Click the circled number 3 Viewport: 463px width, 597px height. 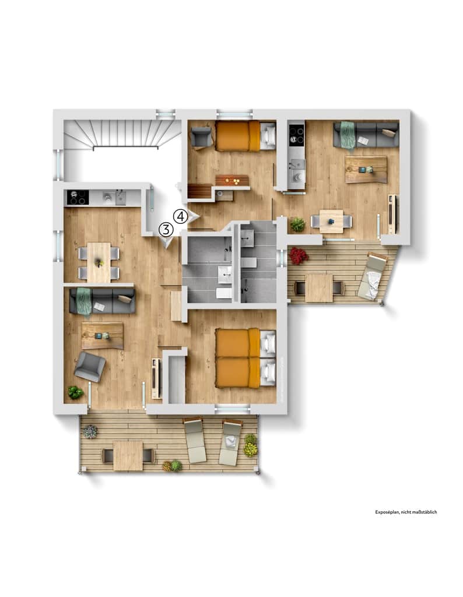166,230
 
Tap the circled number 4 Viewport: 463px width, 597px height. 181,217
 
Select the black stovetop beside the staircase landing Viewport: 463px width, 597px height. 78,198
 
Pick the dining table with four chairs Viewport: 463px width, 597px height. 99,263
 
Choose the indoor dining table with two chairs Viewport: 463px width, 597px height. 331,221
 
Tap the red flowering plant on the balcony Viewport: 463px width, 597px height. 299,255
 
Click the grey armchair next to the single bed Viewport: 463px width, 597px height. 201,137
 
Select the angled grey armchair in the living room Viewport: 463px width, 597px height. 90,366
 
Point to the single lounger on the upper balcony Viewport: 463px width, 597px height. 373,276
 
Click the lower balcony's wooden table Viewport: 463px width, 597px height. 128,456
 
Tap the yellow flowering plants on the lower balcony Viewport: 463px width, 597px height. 250,445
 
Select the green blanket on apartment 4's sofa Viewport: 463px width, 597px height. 348,135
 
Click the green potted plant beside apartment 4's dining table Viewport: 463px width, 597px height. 297,224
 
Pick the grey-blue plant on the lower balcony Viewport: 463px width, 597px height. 90,432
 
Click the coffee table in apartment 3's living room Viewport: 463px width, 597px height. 103,335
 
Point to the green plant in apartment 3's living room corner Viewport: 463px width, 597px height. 75,392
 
